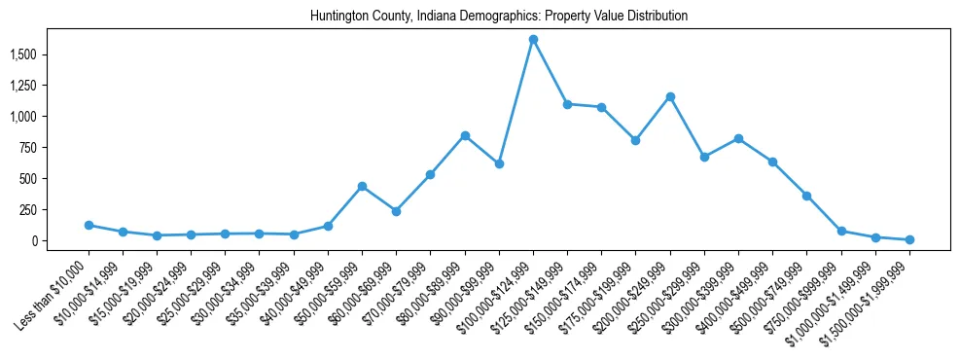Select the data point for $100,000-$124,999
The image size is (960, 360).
click(533, 40)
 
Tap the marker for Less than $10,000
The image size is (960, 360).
click(89, 225)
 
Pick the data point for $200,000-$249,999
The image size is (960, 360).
click(670, 96)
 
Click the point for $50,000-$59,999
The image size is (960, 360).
click(362, 186)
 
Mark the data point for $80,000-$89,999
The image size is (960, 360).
click(465, 135)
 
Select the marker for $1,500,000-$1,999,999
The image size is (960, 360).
click(909, 239)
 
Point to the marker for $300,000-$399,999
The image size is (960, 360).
click(738, 138)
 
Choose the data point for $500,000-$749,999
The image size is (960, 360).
click(806, 196)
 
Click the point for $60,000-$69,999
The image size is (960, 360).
click(396, 211)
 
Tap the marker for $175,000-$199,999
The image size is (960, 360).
click(635, 140)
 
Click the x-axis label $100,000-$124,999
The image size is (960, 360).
click(498, 292)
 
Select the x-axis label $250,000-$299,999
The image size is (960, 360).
click(669, 292)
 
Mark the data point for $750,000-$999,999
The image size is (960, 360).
click(841, 232)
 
